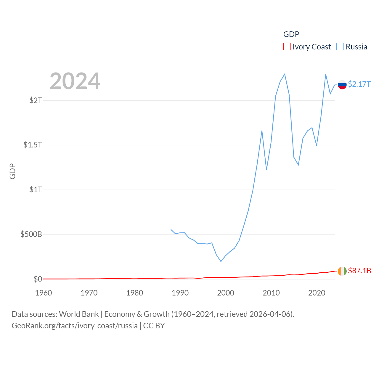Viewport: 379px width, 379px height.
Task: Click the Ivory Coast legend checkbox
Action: point(287,47)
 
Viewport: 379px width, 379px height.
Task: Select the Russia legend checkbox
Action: point(340,47)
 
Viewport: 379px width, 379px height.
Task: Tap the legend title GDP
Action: point(291,34)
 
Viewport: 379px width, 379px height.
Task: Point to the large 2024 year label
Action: point(75,81)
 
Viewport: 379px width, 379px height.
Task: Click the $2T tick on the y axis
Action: point(36,100)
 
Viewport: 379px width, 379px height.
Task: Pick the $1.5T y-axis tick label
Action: point(33,145)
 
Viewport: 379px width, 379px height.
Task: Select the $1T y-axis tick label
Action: point(36,189)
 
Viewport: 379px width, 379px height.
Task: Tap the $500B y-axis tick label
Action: point(31,234)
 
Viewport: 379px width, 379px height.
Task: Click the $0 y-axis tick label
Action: point(38,279)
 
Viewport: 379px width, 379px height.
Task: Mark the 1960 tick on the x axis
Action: point(44,293)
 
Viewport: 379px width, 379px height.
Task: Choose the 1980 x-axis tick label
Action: point(134,293)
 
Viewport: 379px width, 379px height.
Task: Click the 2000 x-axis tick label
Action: point(226,293)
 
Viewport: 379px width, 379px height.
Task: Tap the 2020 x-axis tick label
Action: point(317,293)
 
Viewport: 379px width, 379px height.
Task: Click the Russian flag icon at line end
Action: point(342,85)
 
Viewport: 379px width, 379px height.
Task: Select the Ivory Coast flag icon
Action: point(342,271)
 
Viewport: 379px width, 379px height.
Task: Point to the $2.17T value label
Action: point(359,84)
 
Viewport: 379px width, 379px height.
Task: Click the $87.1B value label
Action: point(359,271)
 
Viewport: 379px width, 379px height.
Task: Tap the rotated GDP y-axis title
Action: point(12,171)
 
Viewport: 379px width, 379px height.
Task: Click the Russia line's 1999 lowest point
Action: point(221,261)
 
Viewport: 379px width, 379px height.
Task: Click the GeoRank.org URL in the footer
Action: point(75,326)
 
